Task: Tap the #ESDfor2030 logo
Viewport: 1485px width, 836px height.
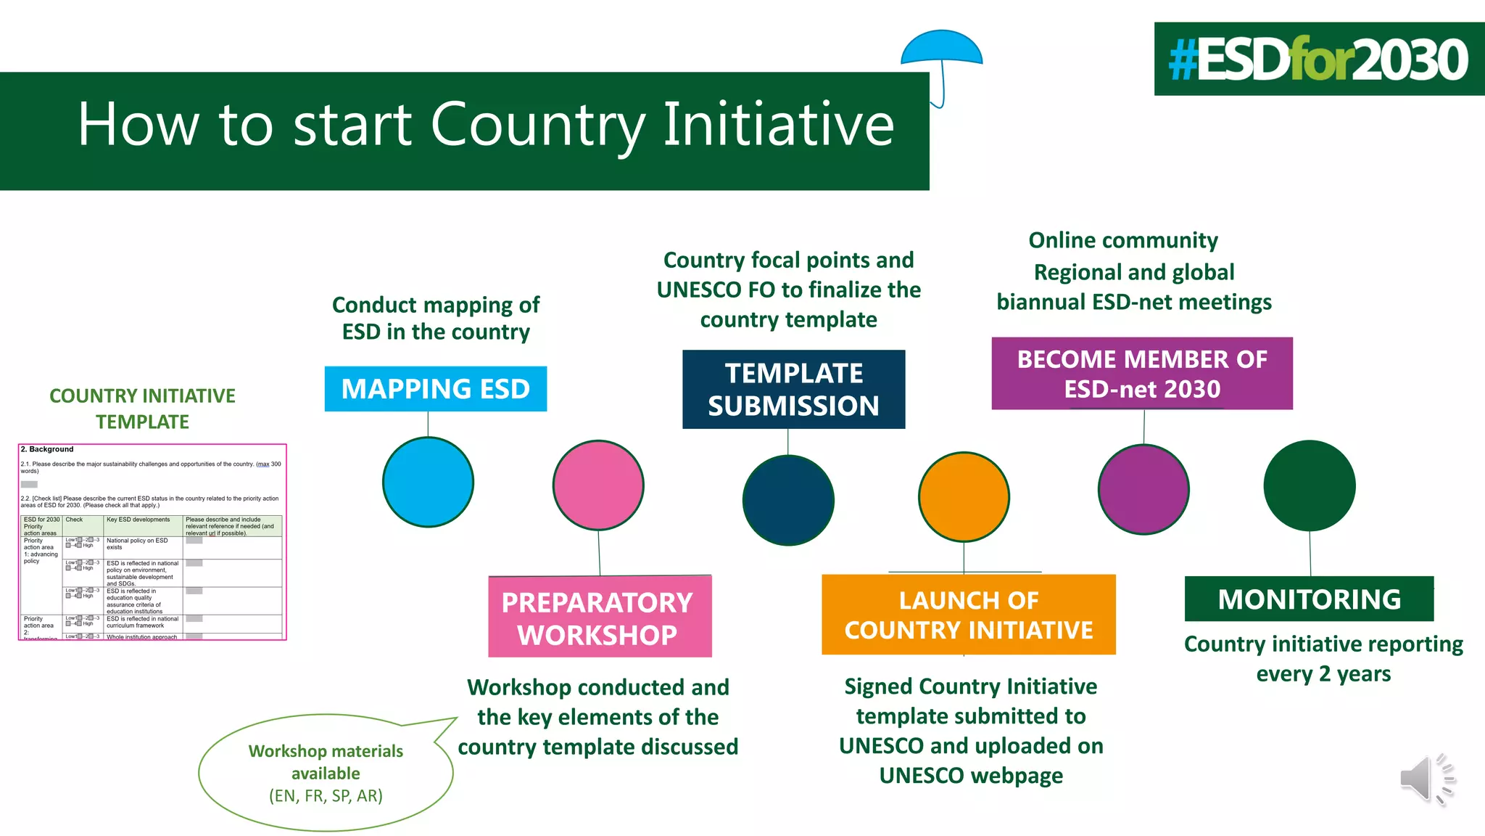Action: point(1318,60)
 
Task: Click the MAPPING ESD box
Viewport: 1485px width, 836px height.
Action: point(435,389)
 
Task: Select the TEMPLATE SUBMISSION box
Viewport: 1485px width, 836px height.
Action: point(793,390)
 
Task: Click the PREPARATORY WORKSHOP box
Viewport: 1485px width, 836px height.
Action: point(599,618)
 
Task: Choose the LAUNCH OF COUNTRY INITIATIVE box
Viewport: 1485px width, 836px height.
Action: point(968,615)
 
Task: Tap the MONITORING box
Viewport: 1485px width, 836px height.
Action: point(1309,599)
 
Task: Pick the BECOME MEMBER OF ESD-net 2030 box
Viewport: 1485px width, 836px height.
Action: point(1141,374)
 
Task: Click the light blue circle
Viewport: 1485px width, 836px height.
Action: point(428,482)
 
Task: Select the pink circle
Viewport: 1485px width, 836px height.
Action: point(598,485)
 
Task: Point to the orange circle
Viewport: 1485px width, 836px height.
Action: point(964,496)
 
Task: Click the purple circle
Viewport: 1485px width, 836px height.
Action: point(1143,489)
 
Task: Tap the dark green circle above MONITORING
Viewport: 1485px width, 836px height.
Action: point(1309,485)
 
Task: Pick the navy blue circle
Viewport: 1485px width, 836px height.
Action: point(788,500)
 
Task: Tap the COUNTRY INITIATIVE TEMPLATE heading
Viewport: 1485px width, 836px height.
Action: point(142,409)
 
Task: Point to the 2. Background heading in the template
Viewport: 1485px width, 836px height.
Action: point(47,449)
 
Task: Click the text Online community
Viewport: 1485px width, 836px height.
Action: point(1122,240)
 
